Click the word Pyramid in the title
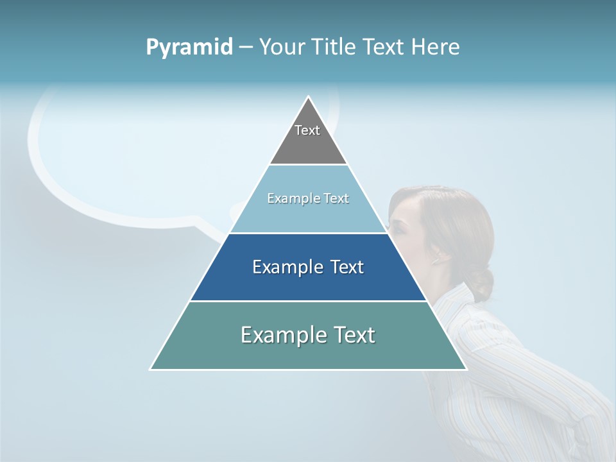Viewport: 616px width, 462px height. click(189, 47)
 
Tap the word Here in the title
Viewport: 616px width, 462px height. click(436, 47)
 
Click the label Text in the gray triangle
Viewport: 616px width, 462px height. click(307, 130)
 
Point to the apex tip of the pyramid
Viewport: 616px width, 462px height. click(309, 98)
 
